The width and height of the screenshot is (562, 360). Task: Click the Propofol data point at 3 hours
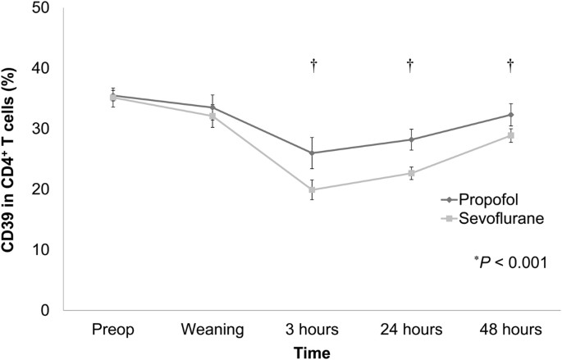[313, 153]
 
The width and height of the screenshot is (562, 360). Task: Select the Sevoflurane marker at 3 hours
[313, 189]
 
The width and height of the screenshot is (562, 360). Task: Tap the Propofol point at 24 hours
[410, 139]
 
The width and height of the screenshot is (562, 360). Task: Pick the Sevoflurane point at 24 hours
[410, 173]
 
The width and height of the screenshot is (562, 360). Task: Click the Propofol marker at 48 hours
[509, 115]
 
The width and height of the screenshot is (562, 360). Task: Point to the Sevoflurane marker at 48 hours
[509, 134]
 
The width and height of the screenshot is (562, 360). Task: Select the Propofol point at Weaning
[212, 107]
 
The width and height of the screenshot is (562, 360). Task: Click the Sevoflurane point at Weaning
[212, 116]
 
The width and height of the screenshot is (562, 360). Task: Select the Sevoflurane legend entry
[490, 218]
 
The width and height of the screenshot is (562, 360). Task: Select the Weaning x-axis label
[212, 330]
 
